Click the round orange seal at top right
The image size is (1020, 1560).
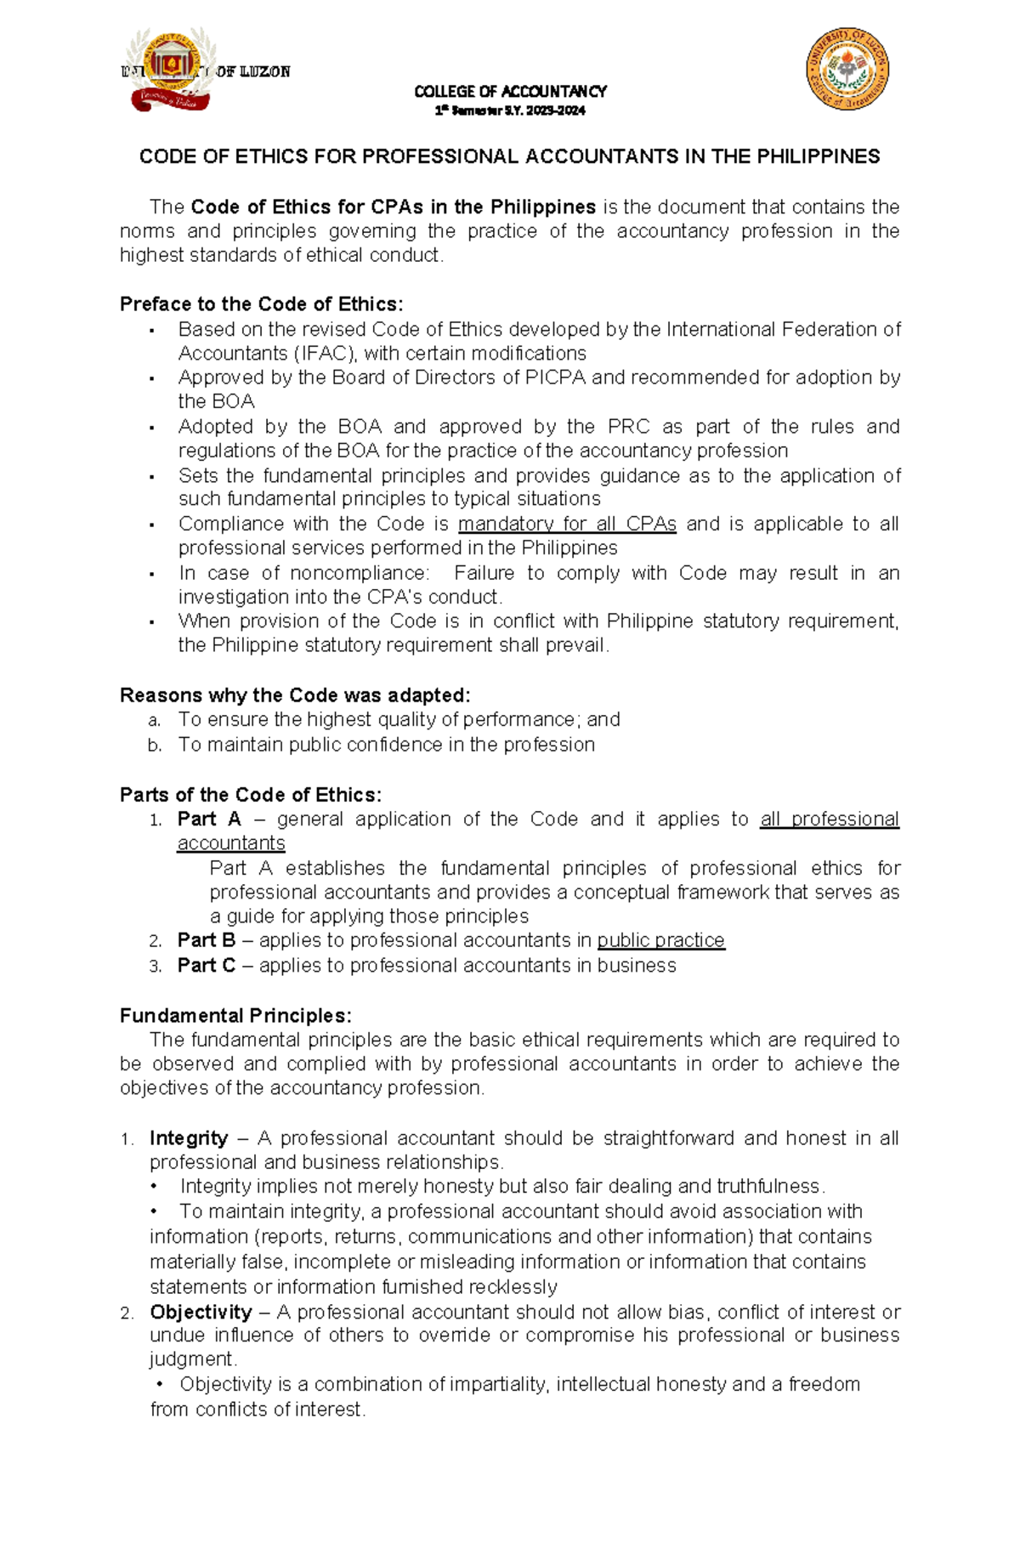(x=847, y=68)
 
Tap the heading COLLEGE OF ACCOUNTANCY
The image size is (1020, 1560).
(x=510, y=91)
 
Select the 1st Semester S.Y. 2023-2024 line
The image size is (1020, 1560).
(x=510, y=111)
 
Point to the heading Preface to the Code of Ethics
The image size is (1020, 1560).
(x=262, y=304)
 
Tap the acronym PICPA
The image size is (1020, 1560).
(x=556, y=377)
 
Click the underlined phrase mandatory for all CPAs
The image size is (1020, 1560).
(x=567, y=525)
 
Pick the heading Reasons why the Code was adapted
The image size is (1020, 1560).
(x=295, y=695)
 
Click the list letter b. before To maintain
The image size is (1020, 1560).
(x=154, y=746)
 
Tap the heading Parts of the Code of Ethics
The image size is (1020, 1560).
(x=251, y=795)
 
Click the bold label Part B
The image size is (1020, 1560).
(x=206, y=940)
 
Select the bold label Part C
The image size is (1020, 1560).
(x=206, y=966)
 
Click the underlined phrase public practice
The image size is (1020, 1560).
(x=660, y=940)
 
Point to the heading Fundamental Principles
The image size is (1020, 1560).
(x=235, y=1016)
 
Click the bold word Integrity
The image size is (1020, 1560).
(x=189, y=1138)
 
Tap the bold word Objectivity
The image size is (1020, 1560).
(x=201, y=1313)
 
